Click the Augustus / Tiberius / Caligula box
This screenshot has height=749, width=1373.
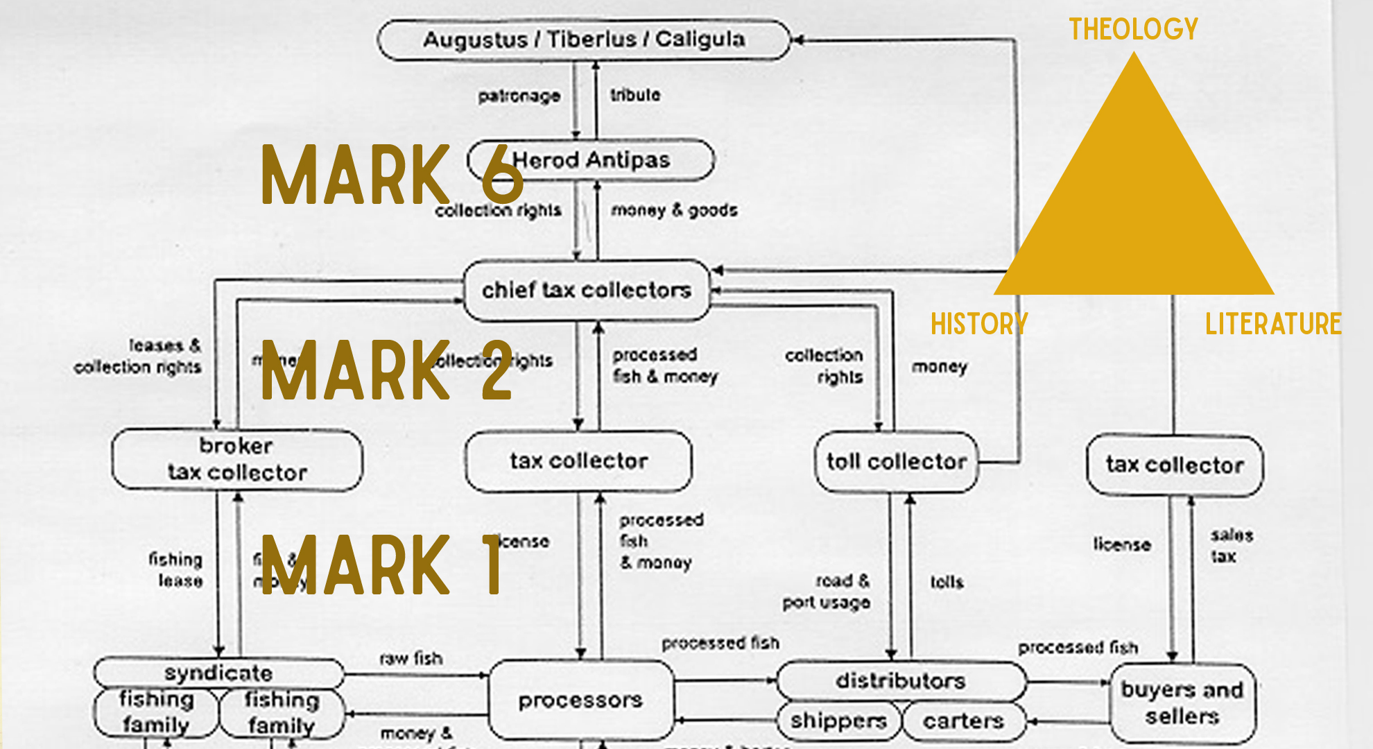tap(584, 40)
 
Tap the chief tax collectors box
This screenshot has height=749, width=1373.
tap(587, 290)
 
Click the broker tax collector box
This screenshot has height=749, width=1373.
tap(236, 459)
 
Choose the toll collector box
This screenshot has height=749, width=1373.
tap(896, 462)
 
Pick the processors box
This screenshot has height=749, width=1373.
tap(580, 700)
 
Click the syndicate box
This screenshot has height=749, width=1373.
tap(218, 673)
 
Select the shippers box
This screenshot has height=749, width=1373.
tap(838, 721)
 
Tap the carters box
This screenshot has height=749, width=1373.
tap(963, 721)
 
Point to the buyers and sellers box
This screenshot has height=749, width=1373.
tap(1182, 703)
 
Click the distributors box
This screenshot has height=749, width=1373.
tap(900, 681)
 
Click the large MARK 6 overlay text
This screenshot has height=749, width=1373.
tap(392, 175)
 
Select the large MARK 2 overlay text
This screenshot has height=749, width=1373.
tap(387, 370)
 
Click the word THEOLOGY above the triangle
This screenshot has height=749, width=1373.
tap(1133, 29)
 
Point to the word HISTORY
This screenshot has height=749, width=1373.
tap(979, 324)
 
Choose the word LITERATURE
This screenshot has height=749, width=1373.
tap(1273, 324)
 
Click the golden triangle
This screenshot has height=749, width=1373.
tap(1134, 208)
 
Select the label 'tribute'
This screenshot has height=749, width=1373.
tap(635, 95)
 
